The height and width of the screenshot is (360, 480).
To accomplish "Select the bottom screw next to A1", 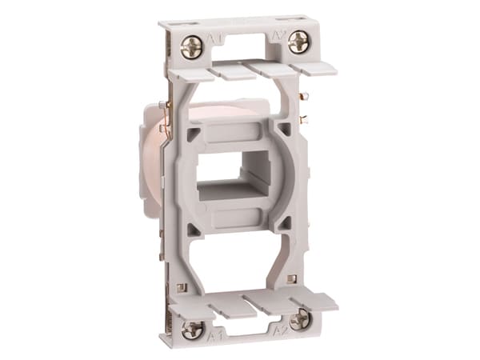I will click(192, 329).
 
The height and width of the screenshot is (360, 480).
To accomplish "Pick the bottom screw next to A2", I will click(299, 320).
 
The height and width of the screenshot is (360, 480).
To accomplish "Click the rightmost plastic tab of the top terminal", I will click(318, 66).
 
